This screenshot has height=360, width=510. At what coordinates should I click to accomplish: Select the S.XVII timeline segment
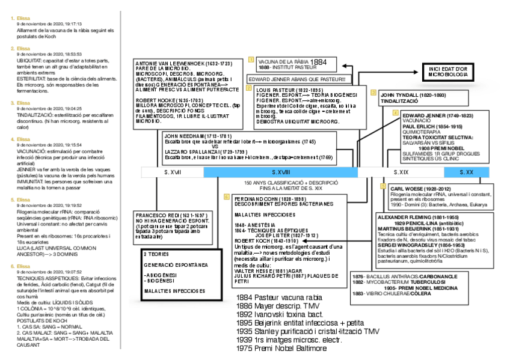point(173,172)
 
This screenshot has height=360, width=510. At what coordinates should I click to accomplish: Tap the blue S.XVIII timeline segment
point(280,172)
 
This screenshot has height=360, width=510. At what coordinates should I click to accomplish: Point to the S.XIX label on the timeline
point(401,172)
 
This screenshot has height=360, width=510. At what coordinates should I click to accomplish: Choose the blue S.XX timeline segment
point(466,172)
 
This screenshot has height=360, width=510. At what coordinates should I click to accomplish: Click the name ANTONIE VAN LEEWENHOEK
point(175,63)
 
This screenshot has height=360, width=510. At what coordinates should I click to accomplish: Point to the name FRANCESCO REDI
point(163,215)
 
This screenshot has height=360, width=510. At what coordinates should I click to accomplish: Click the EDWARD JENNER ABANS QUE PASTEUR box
point(298,79)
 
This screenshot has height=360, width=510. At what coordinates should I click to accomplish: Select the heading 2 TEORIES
point(156,254)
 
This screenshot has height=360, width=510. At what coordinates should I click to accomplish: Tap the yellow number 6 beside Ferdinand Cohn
point(226,197)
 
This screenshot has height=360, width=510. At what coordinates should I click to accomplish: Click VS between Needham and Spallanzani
point(215,146)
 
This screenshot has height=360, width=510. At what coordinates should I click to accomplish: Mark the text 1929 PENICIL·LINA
point(414,222)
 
